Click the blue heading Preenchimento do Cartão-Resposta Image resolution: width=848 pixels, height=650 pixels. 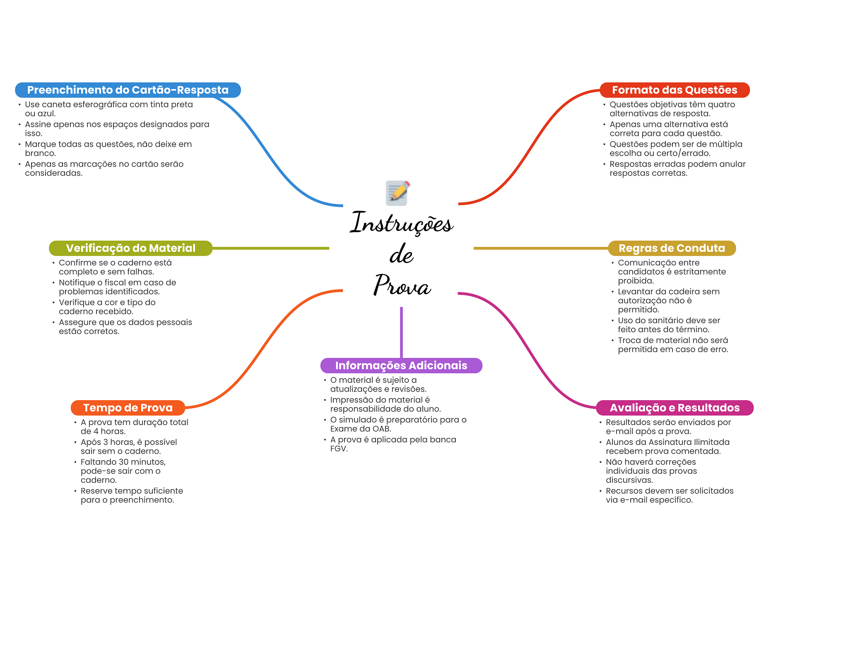point(128,90)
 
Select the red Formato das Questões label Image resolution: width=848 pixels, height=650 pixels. point(674,90)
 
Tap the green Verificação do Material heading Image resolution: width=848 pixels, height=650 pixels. point(130,248)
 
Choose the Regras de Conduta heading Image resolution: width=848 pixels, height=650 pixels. point(672,248)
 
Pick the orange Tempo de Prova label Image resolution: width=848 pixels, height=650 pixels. point(128,408)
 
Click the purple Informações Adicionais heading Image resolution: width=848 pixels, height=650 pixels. point(401,365)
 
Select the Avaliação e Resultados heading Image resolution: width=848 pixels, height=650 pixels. point(674,408)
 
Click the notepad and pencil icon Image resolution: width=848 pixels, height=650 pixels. point(397,193)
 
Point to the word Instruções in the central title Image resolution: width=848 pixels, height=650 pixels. point(401,223)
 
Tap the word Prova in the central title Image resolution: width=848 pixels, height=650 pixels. point(402,285)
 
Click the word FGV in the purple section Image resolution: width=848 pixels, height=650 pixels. point(339,449)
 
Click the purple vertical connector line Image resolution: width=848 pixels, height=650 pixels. point(401,331)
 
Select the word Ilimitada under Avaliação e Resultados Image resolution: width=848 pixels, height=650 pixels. point(711,442)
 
